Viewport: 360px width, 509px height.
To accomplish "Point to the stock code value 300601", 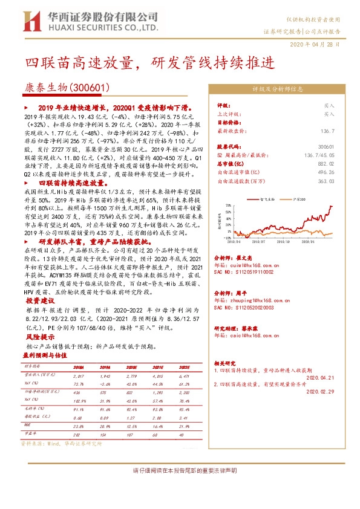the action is click(326, 147).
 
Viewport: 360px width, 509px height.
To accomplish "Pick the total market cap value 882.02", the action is click(326, 164).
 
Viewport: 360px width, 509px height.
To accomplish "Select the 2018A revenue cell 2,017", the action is click(79, 375).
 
